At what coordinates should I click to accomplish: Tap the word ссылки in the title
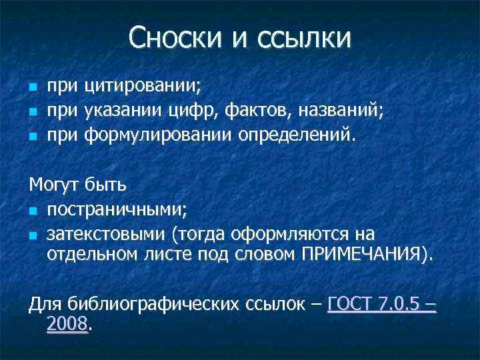tap(302, 37)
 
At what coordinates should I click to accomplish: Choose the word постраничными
tap(117, 210)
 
